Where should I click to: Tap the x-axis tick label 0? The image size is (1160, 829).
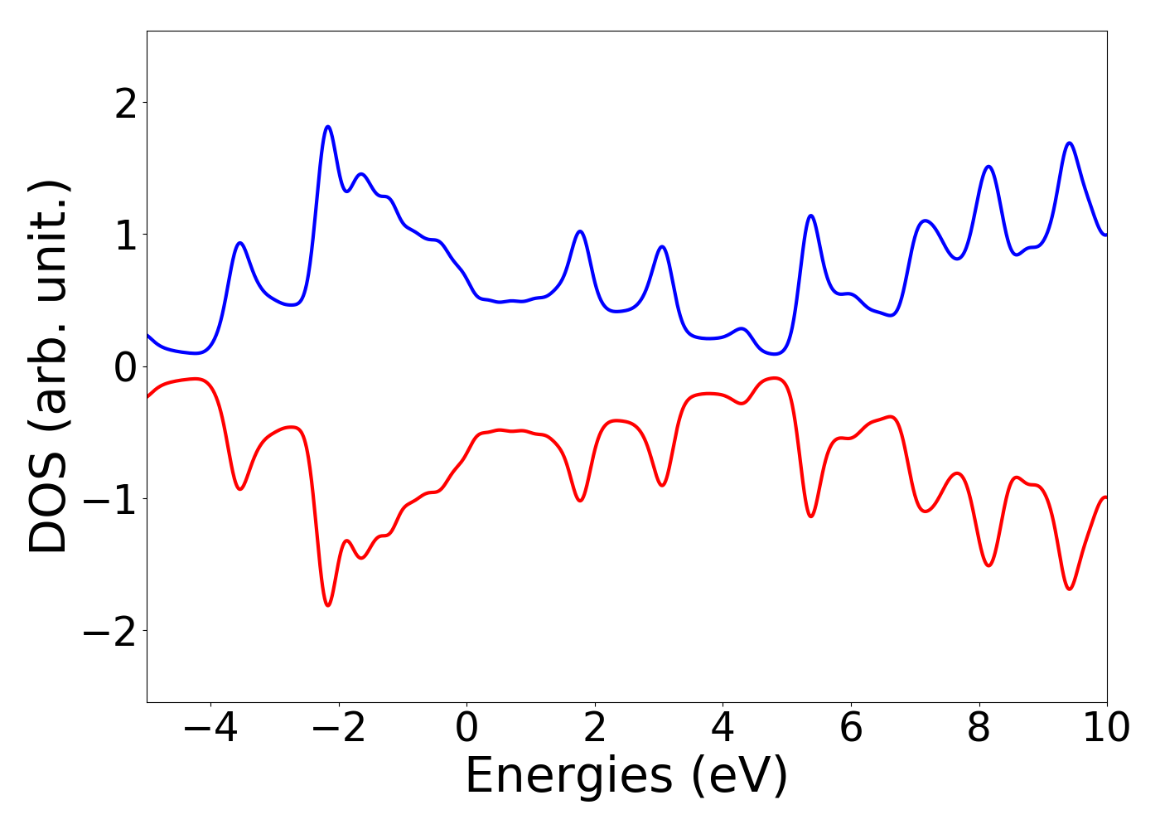[x=466, y=729]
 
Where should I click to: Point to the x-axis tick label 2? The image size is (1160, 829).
[x=595, y=729]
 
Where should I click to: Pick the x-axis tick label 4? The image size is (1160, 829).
[x=723, y=729]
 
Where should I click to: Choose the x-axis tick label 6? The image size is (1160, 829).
[x=851, y=729]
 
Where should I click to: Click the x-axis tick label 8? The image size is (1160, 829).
[x=979, y=729]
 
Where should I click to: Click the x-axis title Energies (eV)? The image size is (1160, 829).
[x=626, y=777]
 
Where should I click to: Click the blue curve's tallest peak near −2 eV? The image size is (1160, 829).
[x=328, y=127]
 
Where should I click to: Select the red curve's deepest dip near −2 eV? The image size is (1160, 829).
[x=328, y=605]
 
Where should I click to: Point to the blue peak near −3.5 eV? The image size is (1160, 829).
[x=240, y=243]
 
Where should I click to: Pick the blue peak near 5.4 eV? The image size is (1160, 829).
[x=811, y=216]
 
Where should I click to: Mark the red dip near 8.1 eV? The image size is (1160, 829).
[x=988, y=565]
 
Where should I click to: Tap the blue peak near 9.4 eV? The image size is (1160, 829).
[x=1070, y=143]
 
